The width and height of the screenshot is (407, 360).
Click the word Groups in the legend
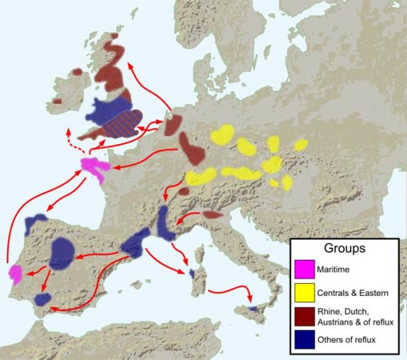(344, 249)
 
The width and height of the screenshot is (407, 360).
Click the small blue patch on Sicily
(253, 309)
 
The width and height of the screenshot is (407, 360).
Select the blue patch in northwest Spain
(34, 223)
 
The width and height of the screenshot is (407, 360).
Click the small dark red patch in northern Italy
(212, 215)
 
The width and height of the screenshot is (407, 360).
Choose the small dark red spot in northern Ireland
(78, 71)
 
